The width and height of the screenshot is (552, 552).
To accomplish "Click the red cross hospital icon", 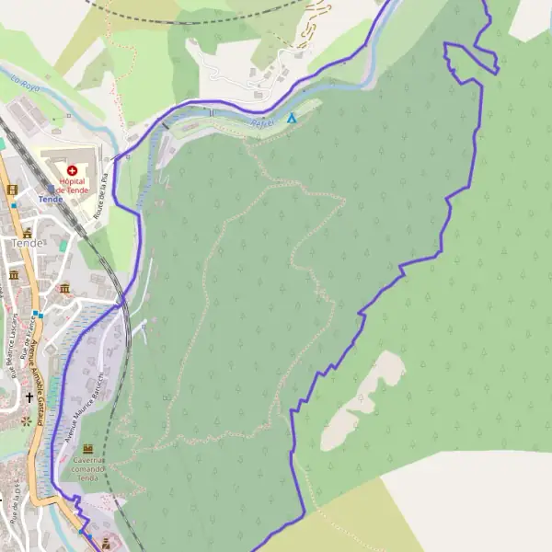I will [x=72, y=170].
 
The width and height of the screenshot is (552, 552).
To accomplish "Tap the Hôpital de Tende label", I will [x=72, y=185].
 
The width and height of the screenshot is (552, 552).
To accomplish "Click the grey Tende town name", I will [x=28, y=243].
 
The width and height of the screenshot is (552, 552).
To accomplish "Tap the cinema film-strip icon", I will [x=12, y=190].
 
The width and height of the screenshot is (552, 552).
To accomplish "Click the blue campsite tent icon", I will [x=292, y=118].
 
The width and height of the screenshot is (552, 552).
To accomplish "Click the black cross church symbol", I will [x=29, y=398].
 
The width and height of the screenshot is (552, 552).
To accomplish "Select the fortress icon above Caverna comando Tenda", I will [x=88, y=448].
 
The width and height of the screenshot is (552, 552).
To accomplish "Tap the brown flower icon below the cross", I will [x=26, y=420].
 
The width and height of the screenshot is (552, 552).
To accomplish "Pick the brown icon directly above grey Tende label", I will [x=29, y=232].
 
